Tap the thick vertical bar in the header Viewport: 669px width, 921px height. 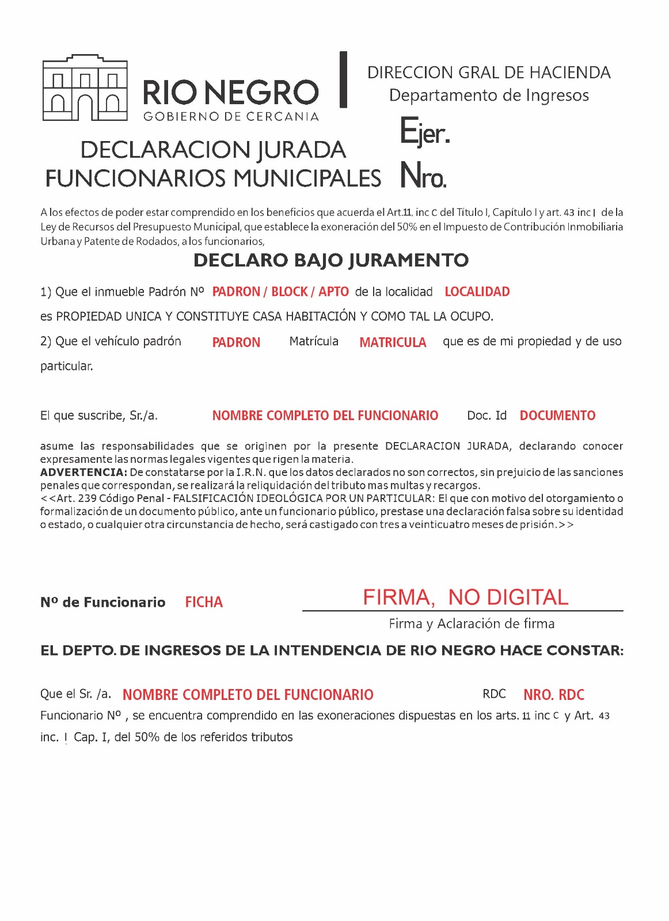[343, 79]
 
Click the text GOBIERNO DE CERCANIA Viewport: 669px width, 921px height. [231, 117]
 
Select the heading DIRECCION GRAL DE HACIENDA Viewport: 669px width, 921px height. [489, 73]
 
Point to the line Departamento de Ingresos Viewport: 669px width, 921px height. [489, 96]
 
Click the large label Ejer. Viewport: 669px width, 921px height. [425, 132]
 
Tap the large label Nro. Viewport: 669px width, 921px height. [423, 175]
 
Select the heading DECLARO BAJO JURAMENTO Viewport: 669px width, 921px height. [331, 260]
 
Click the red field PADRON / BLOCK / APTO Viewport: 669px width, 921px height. [280, 292]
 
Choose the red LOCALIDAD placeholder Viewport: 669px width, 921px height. [477, 292]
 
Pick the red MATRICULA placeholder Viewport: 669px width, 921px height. [393, 342]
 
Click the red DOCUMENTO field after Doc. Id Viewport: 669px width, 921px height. [557, 416]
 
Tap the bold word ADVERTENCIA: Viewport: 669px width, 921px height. [83, 473]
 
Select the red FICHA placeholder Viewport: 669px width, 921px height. [204, 603]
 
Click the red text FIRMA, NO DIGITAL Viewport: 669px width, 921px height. [465, 597]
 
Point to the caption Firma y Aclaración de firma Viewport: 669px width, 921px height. [472, 624]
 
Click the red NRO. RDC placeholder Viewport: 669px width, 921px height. [554, 695]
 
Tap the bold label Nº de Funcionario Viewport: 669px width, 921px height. [102, 603]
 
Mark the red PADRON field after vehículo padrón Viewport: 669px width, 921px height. [236, 342]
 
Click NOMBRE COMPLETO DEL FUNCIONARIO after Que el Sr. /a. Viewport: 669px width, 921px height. [248, 695]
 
